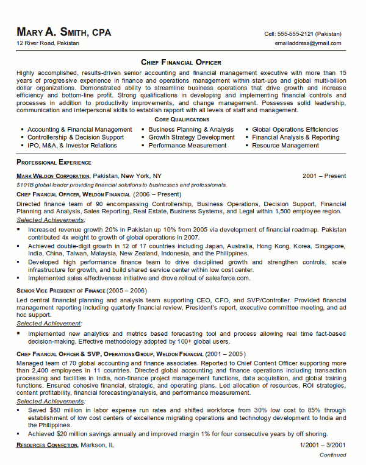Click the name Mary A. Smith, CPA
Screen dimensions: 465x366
64,32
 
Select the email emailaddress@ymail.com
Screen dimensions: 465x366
308,44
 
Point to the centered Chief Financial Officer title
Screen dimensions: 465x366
181,62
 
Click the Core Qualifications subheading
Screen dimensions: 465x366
181,120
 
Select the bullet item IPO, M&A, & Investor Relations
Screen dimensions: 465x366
72,146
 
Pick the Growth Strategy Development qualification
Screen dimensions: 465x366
192,138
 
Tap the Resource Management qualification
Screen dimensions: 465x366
285,146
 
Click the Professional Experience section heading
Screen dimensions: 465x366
54,163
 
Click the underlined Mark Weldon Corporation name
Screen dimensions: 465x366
55,176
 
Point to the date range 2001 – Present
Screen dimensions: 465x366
324,176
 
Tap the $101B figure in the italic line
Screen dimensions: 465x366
26,185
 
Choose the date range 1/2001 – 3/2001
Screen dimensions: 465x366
323,446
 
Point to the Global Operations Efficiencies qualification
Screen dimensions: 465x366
295,130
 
